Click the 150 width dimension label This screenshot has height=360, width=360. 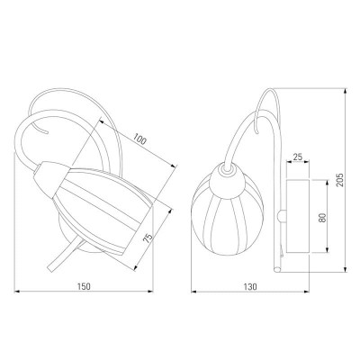(x=84, y=286)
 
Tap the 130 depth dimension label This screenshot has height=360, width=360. (x=250, y=287)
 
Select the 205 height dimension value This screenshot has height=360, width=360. (x=339, y=180)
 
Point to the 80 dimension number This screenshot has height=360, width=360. (x=322, y=218)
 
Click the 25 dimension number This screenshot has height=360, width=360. (x=298, y=157)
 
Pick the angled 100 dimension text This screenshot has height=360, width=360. (x=139, y=139)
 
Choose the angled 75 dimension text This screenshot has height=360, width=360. (x=148, y=238)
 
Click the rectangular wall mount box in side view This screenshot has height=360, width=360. (x=298, y=216)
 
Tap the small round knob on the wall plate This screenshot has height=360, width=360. (x=282, y=216)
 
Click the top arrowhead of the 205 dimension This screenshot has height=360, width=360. (x=346, y=91)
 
